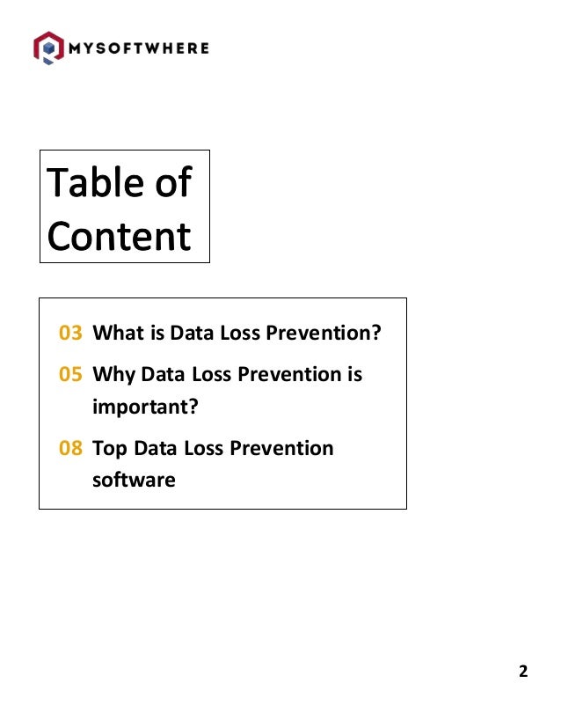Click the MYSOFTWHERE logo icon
coord(48,48)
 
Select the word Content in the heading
coord(119,236)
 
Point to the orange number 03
coord(70,334)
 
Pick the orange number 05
coord(70,376)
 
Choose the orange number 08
coord(70,449)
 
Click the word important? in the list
coord(141,408)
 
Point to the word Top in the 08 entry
coord(109,449)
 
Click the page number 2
coord(523,672)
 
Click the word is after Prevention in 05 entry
coord(354,376)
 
